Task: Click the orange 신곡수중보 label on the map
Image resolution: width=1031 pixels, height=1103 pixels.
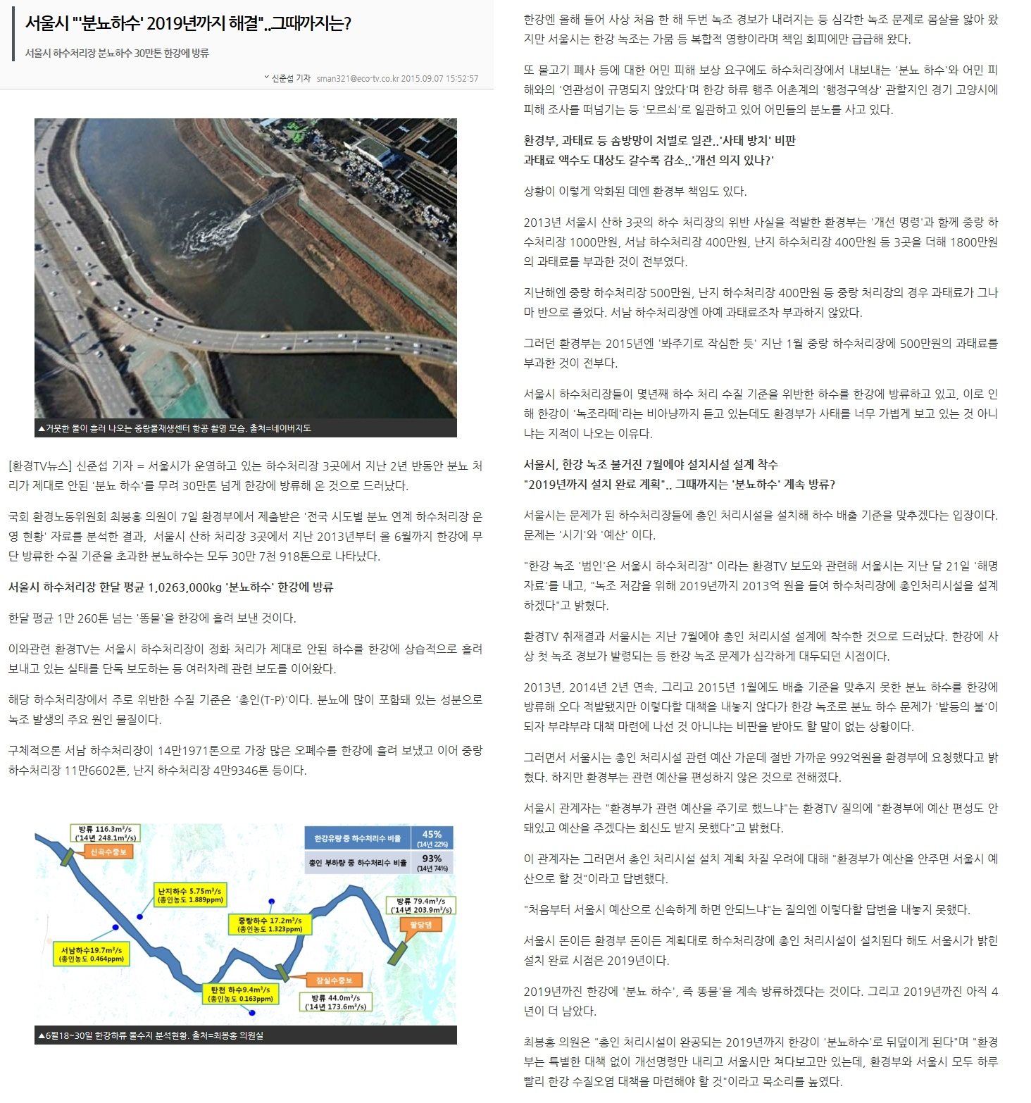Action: [x=108, y=852]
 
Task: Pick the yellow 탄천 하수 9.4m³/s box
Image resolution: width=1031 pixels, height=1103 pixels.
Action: [x=239, y=994]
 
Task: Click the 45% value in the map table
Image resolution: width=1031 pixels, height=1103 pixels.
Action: [x=432, y=838]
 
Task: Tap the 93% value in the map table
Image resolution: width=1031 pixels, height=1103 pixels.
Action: [x=432, y=862]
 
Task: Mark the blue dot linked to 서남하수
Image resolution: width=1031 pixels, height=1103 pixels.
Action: [x=115, y=928]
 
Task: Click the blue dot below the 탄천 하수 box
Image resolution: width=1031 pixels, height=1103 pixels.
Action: [x=252, y=1013]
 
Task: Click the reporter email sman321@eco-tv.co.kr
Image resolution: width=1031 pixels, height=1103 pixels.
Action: [x=358, y=78]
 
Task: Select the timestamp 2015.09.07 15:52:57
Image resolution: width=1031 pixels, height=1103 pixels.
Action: [x=439, y=78]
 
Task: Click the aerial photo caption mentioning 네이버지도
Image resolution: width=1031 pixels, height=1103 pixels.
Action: [x=175, y=428]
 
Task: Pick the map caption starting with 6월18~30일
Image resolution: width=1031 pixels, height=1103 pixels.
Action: [x=151, y=1035]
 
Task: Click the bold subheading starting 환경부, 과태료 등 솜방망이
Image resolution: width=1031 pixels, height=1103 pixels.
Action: [x=659, y=140]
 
